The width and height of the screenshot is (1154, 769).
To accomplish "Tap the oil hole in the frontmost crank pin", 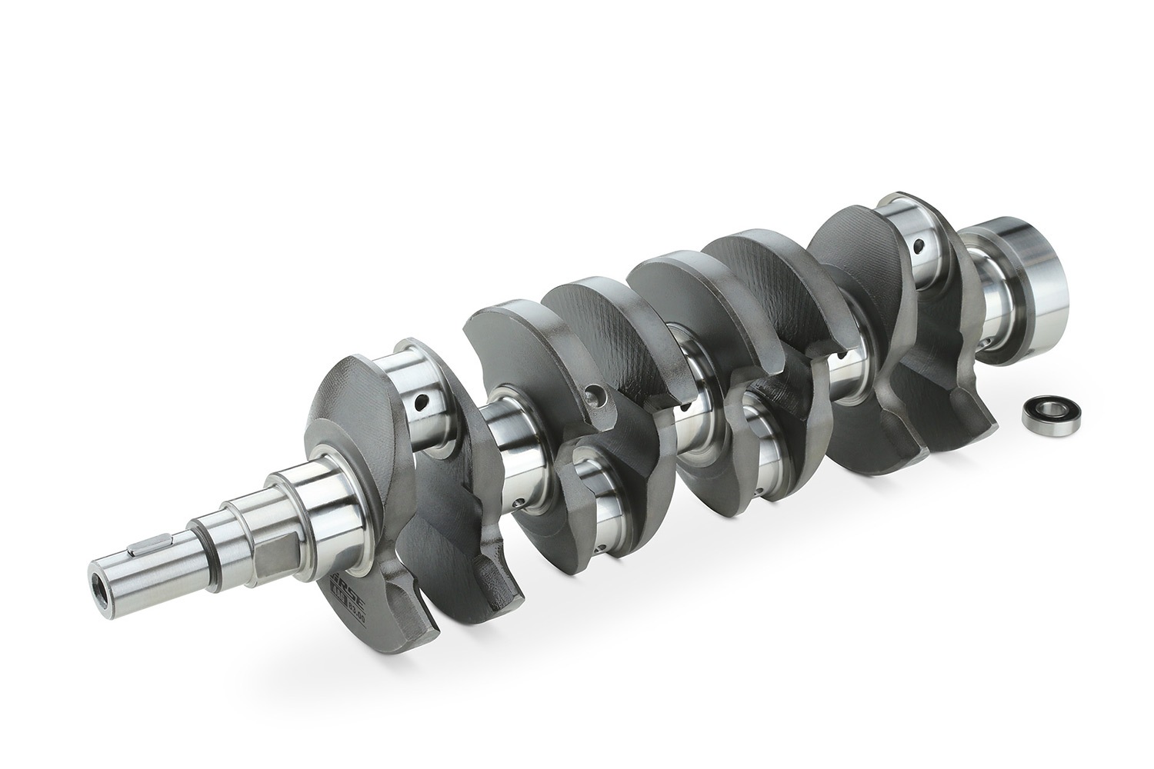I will tap(422, 401).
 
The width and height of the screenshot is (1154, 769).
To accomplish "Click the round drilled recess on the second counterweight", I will tap(592, 397).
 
